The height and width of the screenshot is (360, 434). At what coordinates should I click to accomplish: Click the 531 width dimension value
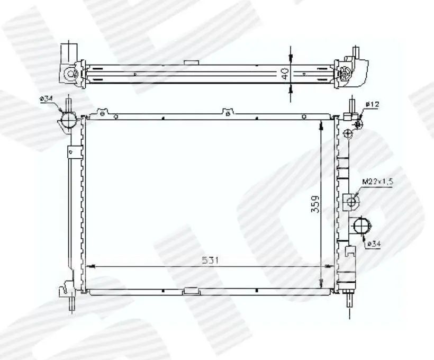tap(210, 260)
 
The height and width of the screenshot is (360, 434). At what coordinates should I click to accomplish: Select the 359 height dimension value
tap(315, 204)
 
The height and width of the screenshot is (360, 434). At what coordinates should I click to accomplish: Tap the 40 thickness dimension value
tap(285, 74)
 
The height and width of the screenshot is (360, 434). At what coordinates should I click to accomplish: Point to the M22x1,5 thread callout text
tap(378, 182)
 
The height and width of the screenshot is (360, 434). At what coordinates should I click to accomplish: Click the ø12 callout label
tap(372, 104)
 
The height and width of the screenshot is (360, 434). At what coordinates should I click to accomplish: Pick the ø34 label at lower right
tap(374, 244)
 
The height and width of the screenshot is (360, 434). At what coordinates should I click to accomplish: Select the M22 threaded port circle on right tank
tap(351, 202)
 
